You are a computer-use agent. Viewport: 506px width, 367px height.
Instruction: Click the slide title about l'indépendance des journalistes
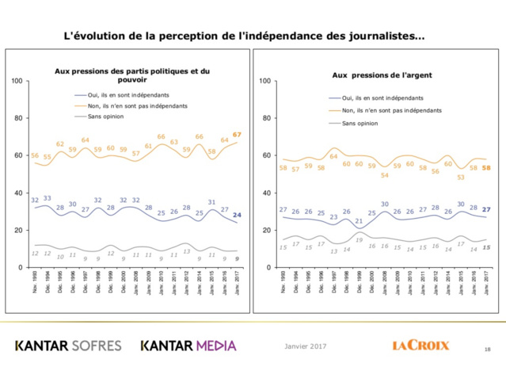(x=243, y=36)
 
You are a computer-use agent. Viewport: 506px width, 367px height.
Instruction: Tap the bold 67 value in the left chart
(x=237, y=135)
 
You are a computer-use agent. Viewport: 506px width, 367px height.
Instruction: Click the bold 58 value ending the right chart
(x=487, y=168)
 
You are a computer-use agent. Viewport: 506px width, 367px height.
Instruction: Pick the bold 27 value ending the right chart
(x=487, y=209)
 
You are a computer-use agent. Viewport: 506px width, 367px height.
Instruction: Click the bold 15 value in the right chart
(x=487, y=248)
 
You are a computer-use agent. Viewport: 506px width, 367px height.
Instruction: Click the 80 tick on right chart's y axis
(x=265, y=118)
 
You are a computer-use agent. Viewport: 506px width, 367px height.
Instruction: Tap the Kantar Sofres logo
(x=68, y=346)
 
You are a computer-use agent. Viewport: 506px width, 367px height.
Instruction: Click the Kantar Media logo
(x=188, y=346)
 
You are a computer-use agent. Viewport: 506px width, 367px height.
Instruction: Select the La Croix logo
(x=420, y=346)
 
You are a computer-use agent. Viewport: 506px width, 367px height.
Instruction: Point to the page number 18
(x=486, y=349)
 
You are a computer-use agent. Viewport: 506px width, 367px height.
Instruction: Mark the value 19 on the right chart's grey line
(x=359, y=239)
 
